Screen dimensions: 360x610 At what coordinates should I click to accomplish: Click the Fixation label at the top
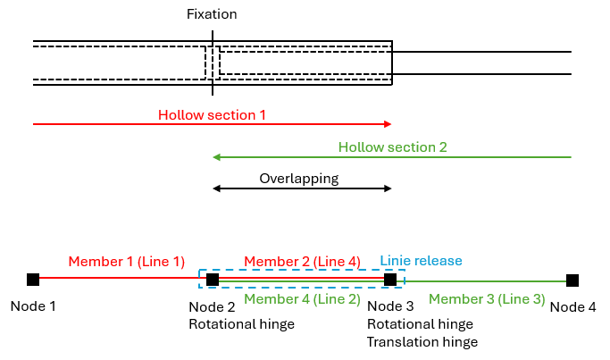pyautogui.click(x=212, y=14)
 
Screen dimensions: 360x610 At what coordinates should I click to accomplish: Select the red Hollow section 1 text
pyautogui.click(x=212, y=115)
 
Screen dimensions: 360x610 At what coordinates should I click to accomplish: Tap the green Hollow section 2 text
pyautogui.click(x=392, y=147)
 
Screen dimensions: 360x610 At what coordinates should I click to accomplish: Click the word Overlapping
pyautogui.click(x=299, y=178)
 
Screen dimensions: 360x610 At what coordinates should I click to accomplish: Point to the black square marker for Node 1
pyautogui.click(x=33, y=280)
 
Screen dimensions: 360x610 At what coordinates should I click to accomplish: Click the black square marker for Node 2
pyautogui.click(x=213, y=280)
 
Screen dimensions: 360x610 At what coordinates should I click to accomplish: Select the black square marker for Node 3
pyautogui.click(x=390, y=280)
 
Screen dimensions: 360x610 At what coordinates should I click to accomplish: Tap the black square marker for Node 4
pyautogui.click(x=572, y=280)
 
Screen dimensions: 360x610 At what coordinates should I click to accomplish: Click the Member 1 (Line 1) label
pyautogui.click(x=127, y=262)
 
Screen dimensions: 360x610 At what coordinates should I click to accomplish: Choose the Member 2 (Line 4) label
pyautogui.click(x=302, y=262)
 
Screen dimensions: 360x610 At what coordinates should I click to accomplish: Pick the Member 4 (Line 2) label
pyautogui.click(x=302, y=299)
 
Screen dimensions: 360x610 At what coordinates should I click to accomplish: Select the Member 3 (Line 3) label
pyautogui.click(x=487, y=299)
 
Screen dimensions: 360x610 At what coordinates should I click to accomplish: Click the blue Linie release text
pyautogui.click(x=422, y=260)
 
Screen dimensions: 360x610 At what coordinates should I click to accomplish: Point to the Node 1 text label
pyautogui.click(x=33, y=306)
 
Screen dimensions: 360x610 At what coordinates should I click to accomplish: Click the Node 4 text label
pyautogui.click(x=572, y=306)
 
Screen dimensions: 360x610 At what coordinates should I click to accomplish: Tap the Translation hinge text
pyautogui.click(x=422, y=342)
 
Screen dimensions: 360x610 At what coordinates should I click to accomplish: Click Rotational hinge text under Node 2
pyautogui.click(x=241, y=324)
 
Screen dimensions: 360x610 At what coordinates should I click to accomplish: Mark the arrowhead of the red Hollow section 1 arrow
pyautogui.click(x=389, y=124)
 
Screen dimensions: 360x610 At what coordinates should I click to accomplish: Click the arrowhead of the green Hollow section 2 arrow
pyautogui.click(x=216, y=157)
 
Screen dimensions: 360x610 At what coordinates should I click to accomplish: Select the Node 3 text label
pyautogui.click(x=389, y=306)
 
